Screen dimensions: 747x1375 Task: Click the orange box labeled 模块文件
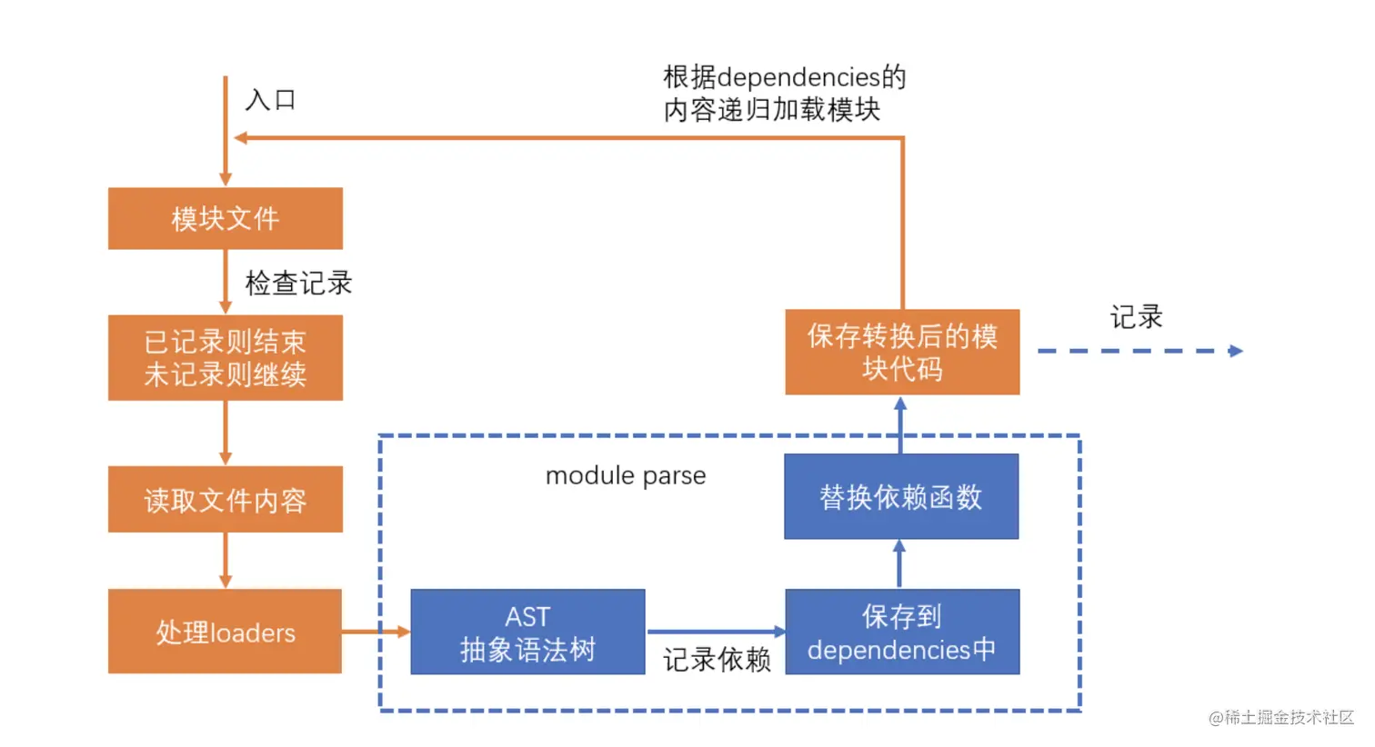[225, 218]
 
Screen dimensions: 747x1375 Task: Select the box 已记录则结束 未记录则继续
[225, 357]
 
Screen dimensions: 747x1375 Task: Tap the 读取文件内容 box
[225, 499]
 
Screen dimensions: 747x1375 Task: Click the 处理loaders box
[225, 632]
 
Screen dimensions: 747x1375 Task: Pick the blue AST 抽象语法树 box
[527, 632]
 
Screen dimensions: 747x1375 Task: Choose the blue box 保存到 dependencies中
[901, 632]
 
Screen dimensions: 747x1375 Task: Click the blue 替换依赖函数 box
[901, 496]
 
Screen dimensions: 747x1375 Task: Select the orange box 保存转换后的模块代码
[901, 352]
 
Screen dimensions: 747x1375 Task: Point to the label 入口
[271, 99]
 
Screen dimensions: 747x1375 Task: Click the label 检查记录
[298, 283]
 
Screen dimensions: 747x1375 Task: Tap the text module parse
[626, 475]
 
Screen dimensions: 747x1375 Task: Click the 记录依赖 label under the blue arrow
[717, 659]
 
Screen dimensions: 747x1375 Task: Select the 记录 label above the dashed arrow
[1136, 317]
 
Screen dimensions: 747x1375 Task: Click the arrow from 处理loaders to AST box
[376, 632]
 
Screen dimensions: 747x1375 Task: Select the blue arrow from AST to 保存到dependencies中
[715, 631]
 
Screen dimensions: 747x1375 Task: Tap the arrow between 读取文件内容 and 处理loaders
[226, 560]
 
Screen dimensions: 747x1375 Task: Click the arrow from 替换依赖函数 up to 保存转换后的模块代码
[900, 424]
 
